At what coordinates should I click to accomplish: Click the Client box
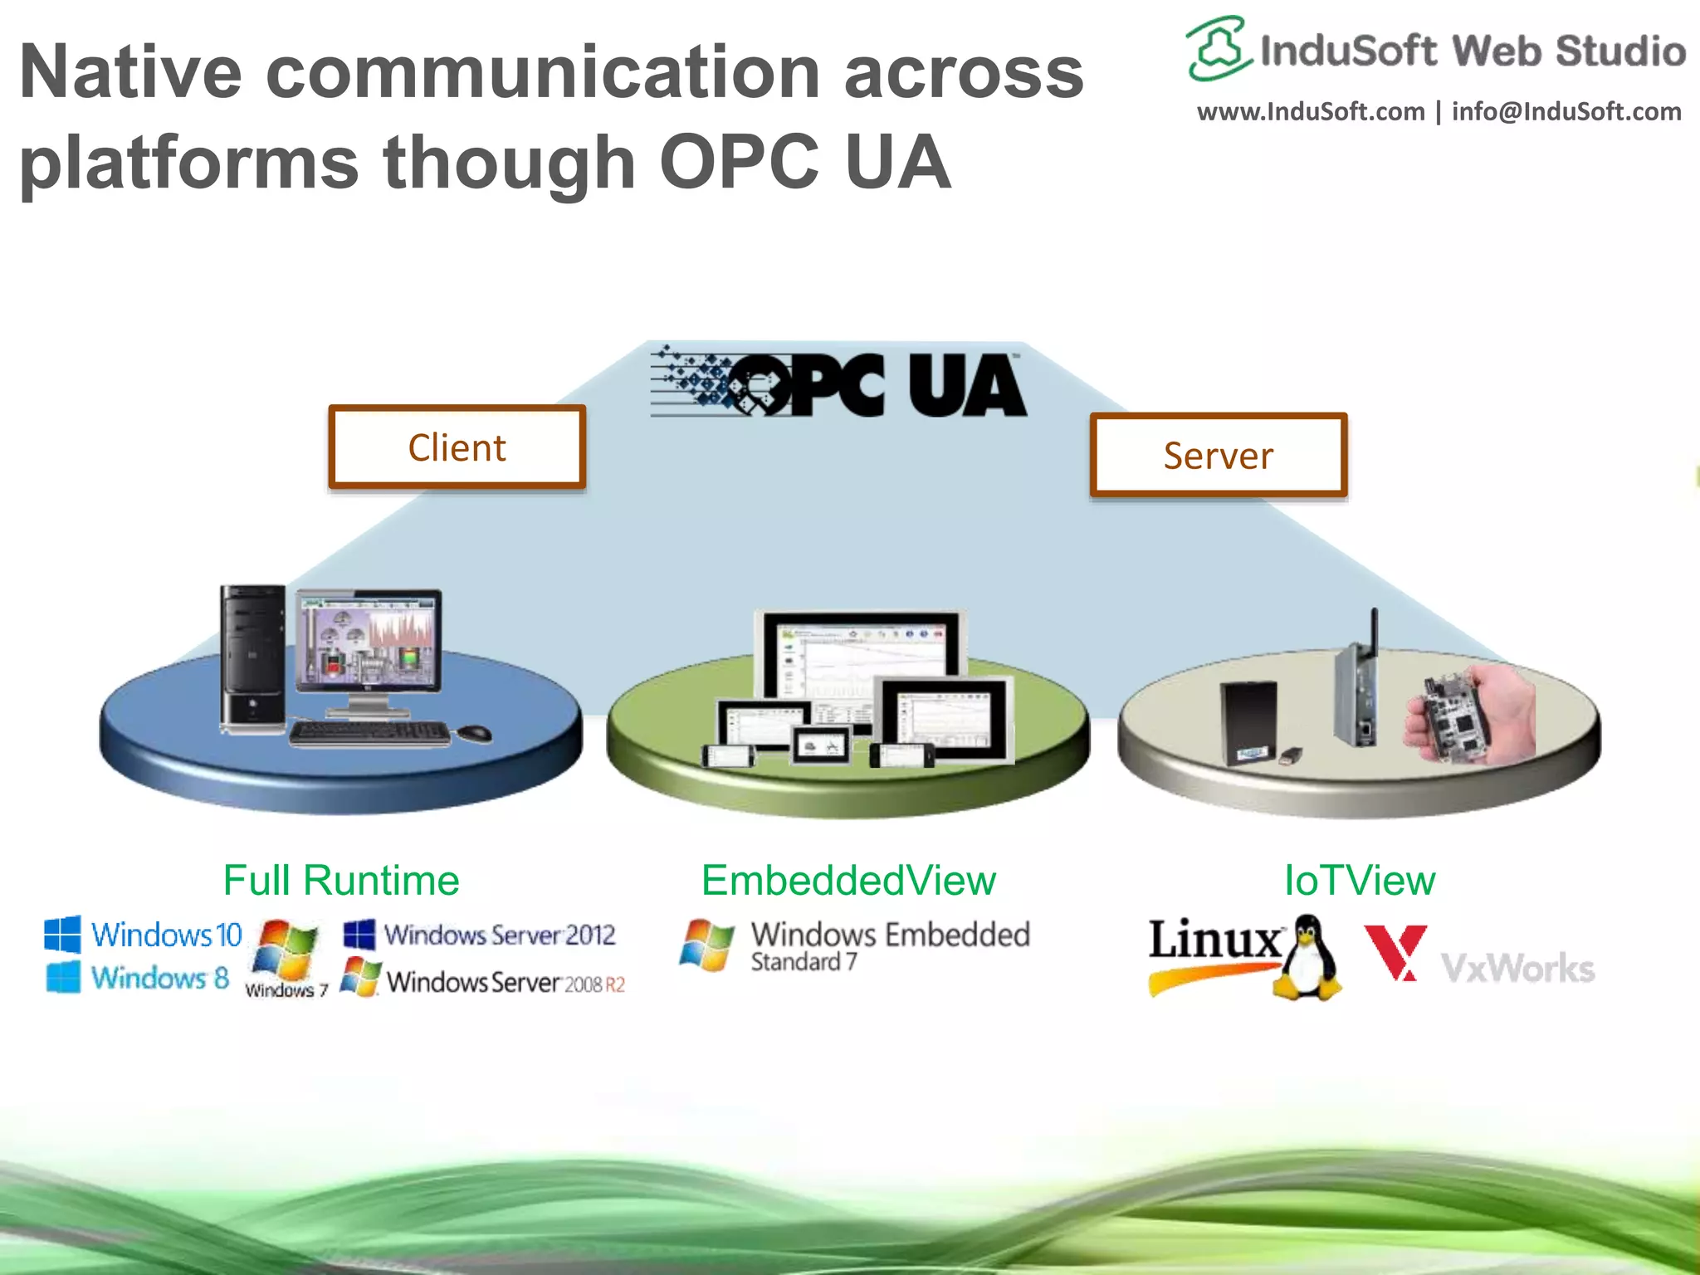coord(457,447)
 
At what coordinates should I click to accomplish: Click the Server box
coord(1218,456)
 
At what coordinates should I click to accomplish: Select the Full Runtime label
coord(341,880)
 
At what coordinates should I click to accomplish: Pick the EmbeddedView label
coord(848,880)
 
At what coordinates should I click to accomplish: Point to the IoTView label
coord(1359,880)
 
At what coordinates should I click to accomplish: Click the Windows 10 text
coord(166,935)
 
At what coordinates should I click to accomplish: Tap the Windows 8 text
coord(159,978)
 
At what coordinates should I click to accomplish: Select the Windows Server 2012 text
coord(499,935)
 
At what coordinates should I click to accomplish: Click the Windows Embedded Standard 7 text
coord(888,945)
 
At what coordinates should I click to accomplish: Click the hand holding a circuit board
coord(1469,714)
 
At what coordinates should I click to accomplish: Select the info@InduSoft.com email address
coord(1566,111)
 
